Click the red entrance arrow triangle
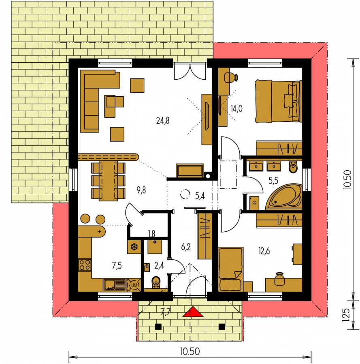pyautogui.click(x=193, y=313)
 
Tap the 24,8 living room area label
pyautogui.click(x=163, y=121)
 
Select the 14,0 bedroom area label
pyautogui.click(x=236, y=108)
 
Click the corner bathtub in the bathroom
pyautogui.click(x=284, y=197)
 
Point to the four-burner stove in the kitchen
pyautogui.click(x=85, y=265)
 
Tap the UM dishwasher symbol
pyautogui.click(x=134, y=285)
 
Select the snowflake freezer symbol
pyautogui.click(x=134, y=247)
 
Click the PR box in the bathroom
pyautogui.click(x=254, y=203)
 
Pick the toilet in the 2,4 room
pyautogui.click(x=156, y=282)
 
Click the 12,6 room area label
pyautogui.click(x=264, y=251)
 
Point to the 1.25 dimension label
pyautogui.click(x=345, y=315)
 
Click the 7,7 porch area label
pyautogui.click(x=166, y=312)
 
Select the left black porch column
pyautogui.click(x=158, y=327)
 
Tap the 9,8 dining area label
pyautogui.click(x=141, y=190)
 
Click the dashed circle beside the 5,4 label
pyautogui.click(x=185, y=194)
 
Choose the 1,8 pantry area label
pyautogui.click(x=151, y=233)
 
